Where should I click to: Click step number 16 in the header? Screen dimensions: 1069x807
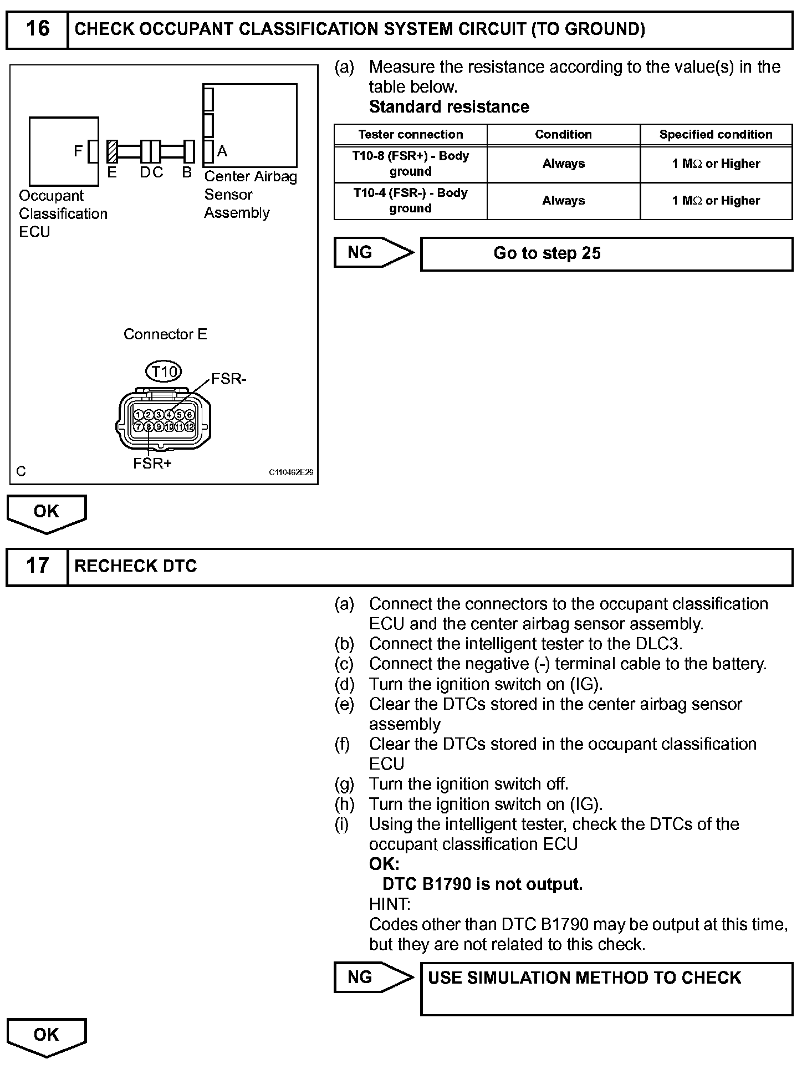coord(37,29)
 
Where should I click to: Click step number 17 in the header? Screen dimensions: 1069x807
coord(37,566)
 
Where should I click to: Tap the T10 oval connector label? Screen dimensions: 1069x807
coord(164,371)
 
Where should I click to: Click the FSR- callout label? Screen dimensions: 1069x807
coord(228,379)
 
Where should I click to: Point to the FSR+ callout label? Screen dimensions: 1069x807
coord(152,464)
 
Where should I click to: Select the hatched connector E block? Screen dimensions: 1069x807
coord(111,151)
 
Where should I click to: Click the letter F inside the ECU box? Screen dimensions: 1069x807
coord(78,151)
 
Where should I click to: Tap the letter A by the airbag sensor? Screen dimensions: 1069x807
coord(222,151)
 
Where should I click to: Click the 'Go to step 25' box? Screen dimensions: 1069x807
coord(606,254)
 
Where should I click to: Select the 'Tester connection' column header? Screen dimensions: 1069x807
coord(410,135)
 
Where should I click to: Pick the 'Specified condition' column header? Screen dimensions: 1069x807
coord(716,135)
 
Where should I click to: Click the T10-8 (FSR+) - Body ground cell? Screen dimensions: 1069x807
coord(410,164)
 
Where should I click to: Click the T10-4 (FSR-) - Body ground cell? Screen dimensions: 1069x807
coord(410,201)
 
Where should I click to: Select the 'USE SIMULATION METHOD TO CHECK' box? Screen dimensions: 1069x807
coord(606,989)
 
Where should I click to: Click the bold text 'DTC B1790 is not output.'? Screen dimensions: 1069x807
coord(482,884)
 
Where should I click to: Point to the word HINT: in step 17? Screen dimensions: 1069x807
coord(390,904)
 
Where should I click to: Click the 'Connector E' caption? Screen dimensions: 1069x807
coord(165,334)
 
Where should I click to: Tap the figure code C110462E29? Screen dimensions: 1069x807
coord(291,472)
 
